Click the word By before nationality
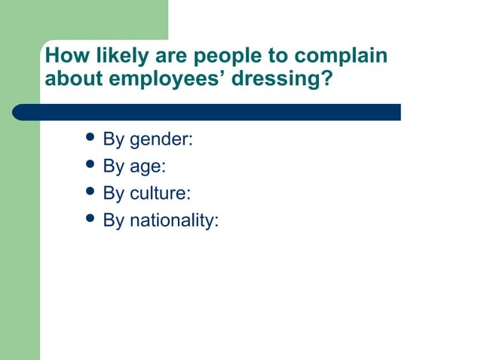tap(114, 220)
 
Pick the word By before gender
tap(114, 140)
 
